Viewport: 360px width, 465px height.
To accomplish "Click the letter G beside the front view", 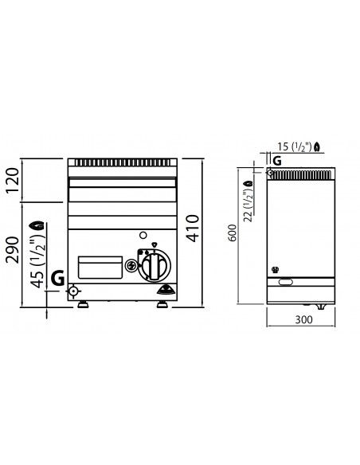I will [x=57, y=278].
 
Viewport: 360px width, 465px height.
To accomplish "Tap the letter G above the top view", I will [x=276, y=160].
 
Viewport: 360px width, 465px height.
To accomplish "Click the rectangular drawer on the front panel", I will [x=100, y=268].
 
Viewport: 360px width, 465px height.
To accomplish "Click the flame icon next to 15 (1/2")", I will [x=319, y=146].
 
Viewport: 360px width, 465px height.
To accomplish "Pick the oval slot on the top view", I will [x=288, y=280].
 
